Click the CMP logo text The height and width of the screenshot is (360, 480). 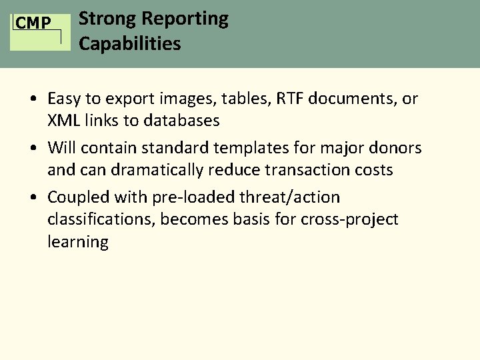point(33,23)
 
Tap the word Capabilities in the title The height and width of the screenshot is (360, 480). point(129,44)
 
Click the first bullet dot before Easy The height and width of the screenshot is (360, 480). point(33,99)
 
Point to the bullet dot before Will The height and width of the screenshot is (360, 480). point(33,147)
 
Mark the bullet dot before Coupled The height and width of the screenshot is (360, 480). point(33,197)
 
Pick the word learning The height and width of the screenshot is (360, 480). point(77,241)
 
